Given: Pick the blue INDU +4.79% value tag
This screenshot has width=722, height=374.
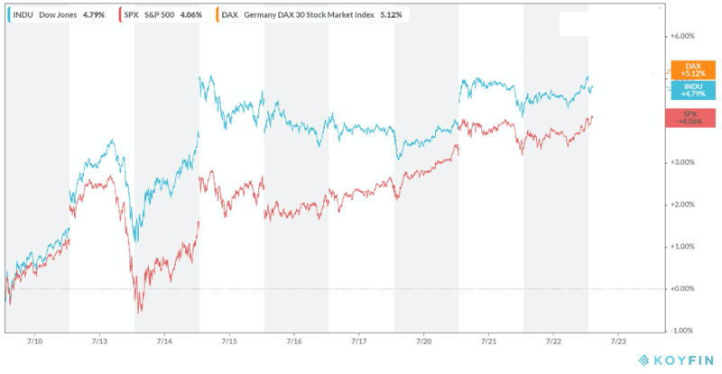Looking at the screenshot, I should [x=693, y=89].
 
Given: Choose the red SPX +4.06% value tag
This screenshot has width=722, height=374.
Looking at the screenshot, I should [x=691, y=118].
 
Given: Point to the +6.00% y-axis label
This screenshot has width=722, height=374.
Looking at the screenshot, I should [x=683, y=37].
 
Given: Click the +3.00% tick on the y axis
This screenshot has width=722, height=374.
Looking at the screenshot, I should [x=683, y=162].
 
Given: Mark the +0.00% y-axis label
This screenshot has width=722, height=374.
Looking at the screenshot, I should [x=683, y=288].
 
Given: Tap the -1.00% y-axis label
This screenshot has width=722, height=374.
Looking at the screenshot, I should [x=683, y=330].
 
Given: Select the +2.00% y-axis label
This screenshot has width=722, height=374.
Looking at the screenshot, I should [x=683, y=205].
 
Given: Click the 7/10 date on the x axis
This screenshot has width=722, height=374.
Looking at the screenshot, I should [x=37, y=342].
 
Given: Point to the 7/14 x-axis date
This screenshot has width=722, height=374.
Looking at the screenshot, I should [x=165, y=342].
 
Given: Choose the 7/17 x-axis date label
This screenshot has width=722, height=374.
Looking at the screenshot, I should [x=359, y=342].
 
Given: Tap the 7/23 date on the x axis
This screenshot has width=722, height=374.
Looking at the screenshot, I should [x=619, y=342].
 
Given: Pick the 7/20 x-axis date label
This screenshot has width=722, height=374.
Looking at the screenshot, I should [x=424, y=342].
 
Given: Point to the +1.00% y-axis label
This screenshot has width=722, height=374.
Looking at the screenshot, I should [x=683, y=246].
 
